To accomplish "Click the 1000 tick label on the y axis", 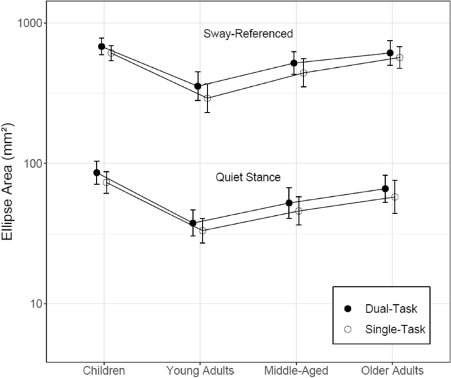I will point(28,22).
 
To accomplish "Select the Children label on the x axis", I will point(105,370).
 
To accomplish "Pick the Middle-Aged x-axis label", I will point(296,370).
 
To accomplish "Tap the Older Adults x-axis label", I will point(394,370).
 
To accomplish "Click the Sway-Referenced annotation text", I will point(248,33).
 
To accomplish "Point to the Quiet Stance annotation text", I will point(248,177).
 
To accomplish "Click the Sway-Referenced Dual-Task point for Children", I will point(101,47).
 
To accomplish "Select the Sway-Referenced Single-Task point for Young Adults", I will point(207,98).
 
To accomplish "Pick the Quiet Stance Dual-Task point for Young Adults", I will point(193,223).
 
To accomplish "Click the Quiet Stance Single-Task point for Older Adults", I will point(395,197).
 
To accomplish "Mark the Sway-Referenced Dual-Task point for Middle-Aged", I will point(294,63).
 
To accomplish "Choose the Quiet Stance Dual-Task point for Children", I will point(97,173).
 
